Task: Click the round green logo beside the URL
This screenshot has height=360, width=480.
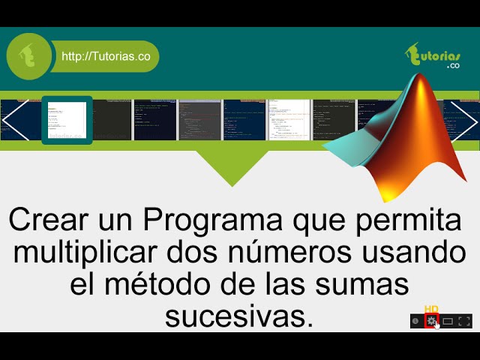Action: tap(30, 56)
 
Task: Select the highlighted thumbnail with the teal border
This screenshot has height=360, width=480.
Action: tap(67, 120)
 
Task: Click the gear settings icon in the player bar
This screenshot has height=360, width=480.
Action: tap(431, 321)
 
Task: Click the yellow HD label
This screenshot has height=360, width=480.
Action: tap(431, 309)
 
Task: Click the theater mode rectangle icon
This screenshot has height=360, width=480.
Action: tap(448, 321)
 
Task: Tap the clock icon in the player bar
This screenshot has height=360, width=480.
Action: tap(415, 321)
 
